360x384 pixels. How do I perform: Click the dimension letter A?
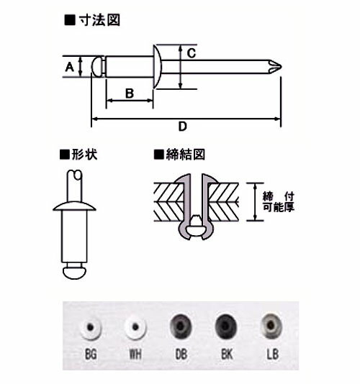tap(70, 67)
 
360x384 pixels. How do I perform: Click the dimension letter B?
tap(130, 92)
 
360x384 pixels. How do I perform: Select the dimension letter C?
tap(192, 52)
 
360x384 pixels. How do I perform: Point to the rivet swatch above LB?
tap(271, 328)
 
